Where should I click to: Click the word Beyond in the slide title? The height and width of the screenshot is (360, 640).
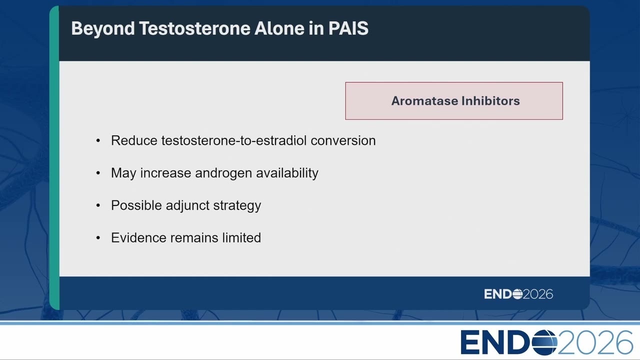tap(103, 29)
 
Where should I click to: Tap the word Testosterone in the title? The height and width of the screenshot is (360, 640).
tap(194, 28)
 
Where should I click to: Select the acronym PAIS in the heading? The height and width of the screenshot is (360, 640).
tap(348, 28)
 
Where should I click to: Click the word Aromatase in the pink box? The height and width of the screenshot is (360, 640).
tap(424, 101)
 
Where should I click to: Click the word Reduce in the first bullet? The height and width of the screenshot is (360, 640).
tap(134, 140)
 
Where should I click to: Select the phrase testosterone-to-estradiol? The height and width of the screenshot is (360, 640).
tap(234, 140)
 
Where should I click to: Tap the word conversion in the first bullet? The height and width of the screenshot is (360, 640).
tap(343, 140)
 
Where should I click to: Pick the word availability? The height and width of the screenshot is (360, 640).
tap(287, 173)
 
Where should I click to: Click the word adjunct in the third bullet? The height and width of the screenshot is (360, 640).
tap(187, 205)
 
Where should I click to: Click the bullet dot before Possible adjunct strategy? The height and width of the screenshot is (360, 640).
tap(98, 205)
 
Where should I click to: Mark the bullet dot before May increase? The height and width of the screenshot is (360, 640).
tap(98, 173)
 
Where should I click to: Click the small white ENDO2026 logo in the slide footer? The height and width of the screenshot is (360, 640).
tap(518, 294)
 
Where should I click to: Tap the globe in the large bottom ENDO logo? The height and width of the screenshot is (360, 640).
tap(544, 342)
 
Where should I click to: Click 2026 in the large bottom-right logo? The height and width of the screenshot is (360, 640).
tap(595, 342)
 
